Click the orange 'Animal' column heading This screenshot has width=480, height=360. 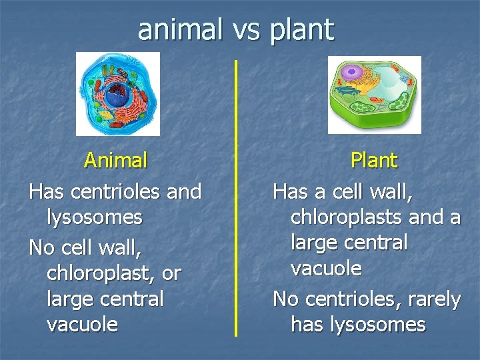(x=115, y=161)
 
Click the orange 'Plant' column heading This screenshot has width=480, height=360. (x=373, y=161)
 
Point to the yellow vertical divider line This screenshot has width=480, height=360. (x=235, y=200)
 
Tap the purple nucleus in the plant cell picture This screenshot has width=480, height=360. (x=353, y=73)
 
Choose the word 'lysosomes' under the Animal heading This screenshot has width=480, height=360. (x=95, y=217)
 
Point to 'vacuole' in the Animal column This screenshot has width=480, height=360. (x=83, y=325)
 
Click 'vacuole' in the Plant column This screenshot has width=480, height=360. (x=326, y=269)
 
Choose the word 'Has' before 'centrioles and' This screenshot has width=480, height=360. (x=47, y=192)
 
